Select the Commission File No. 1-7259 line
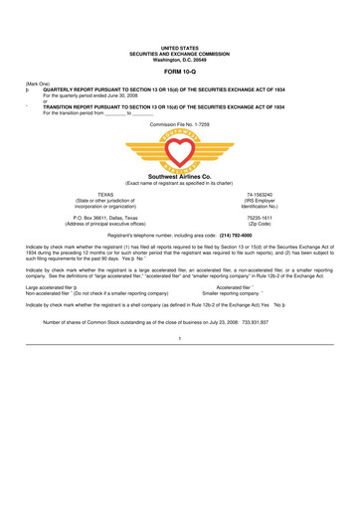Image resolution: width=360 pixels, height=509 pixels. (180, 124)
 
